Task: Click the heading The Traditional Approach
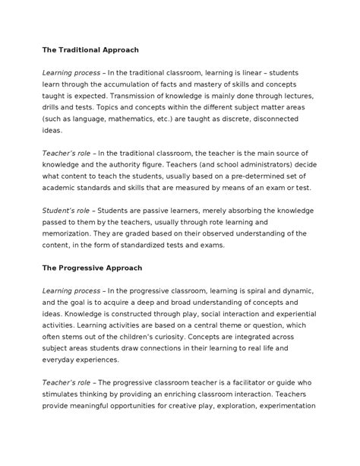90,49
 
